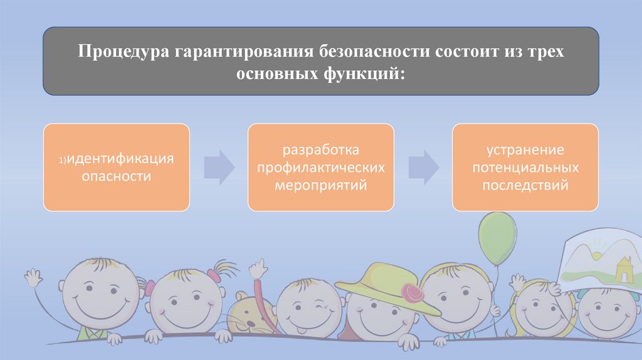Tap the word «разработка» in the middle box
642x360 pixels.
click(x=320, y=151)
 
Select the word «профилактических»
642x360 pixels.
click(x=320, y=168)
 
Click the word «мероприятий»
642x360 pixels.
click(x=320, y=185)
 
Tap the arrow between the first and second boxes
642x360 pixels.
click(x=219, y=167)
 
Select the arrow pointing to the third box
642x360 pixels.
click(x=423, y=167)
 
